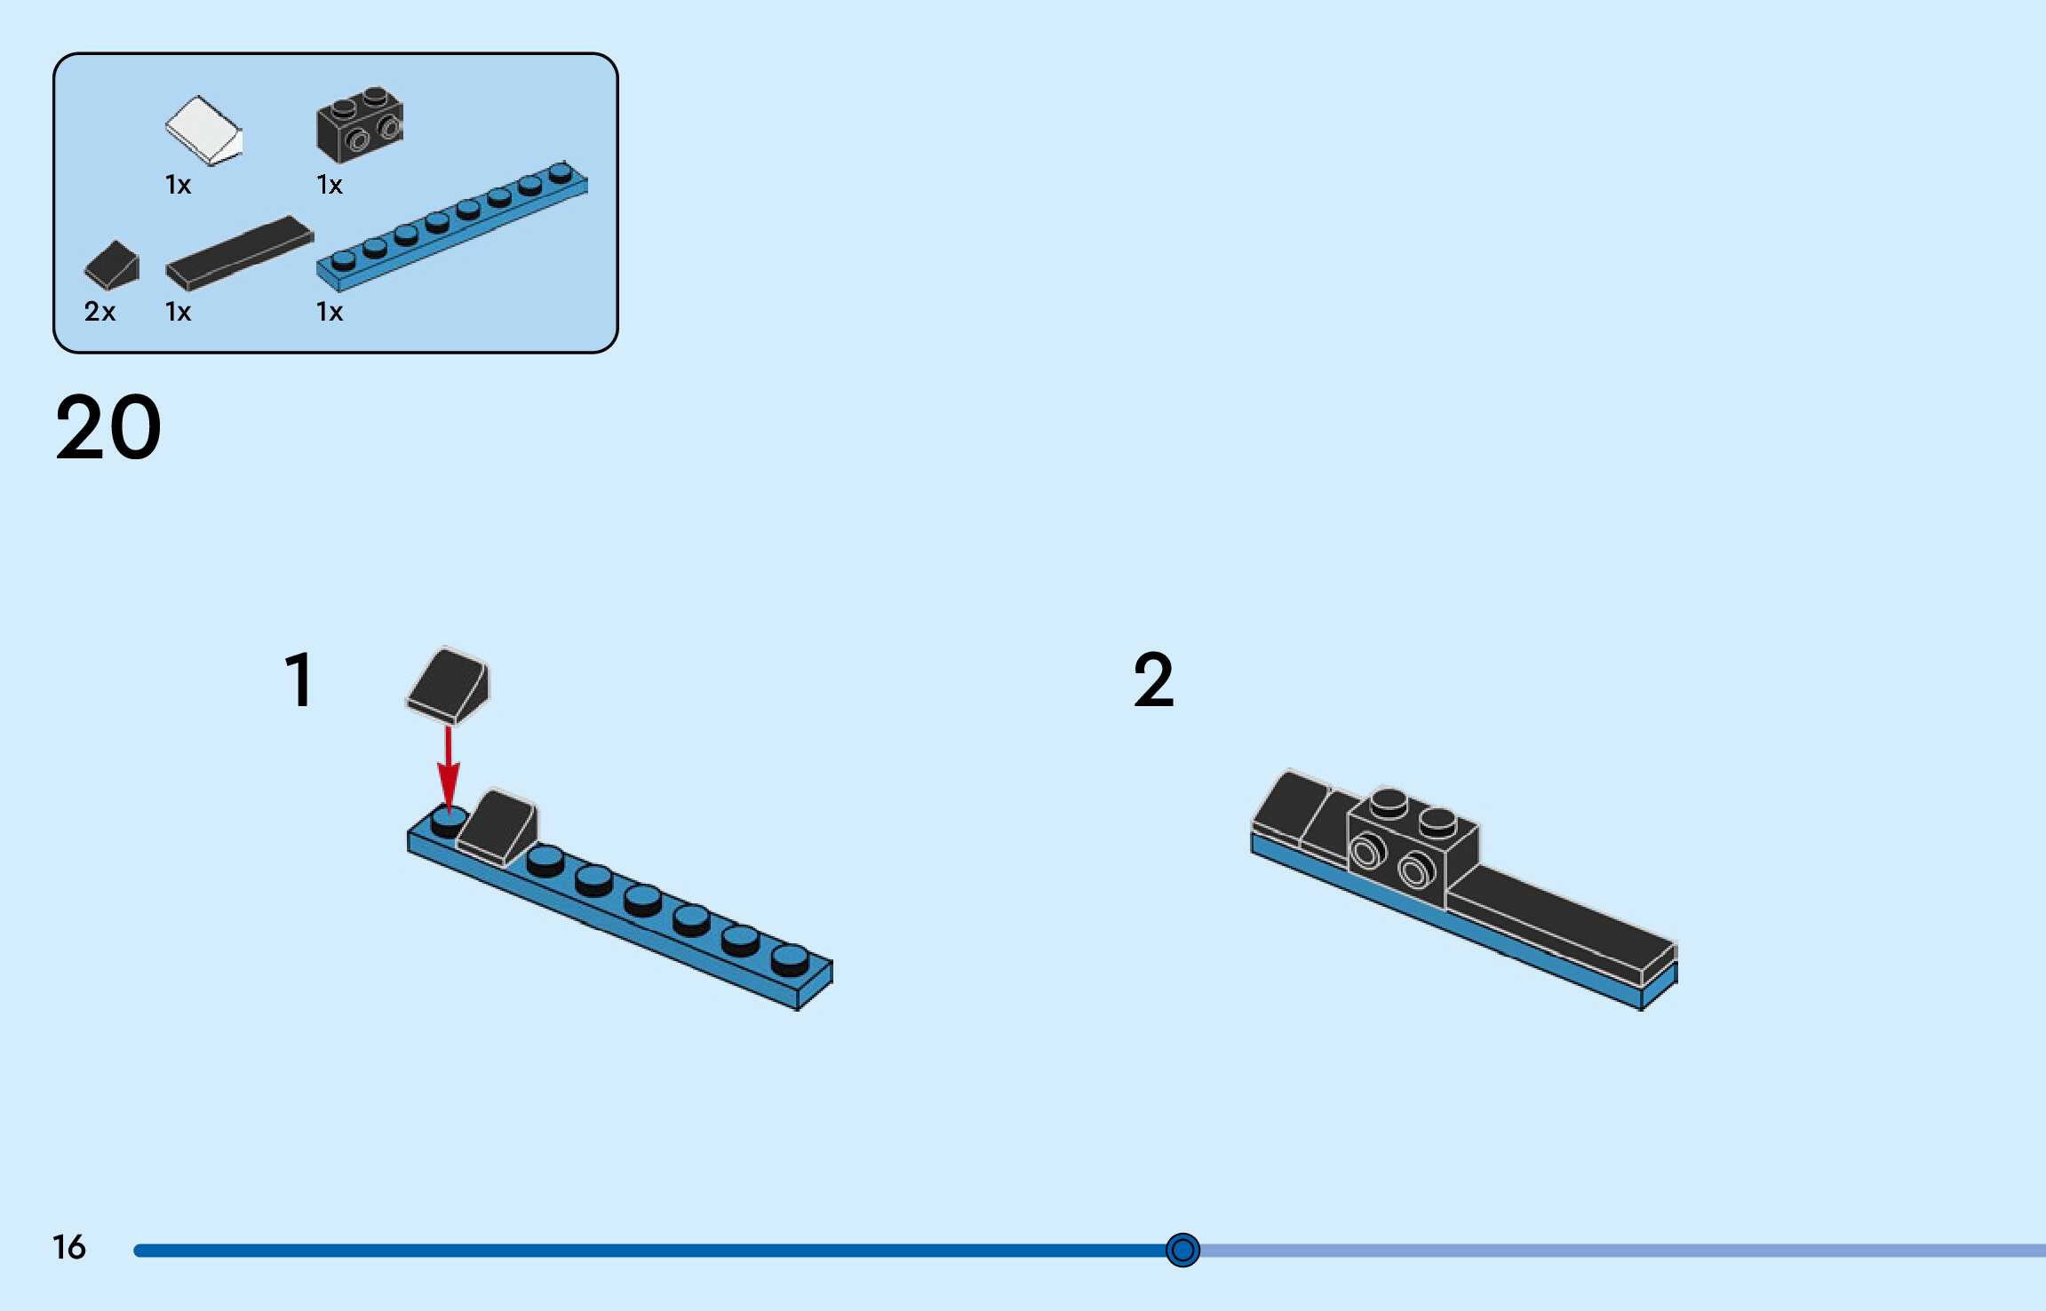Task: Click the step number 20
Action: click(108, 428)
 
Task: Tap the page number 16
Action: click(69, 1247)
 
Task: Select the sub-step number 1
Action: click(299, 680)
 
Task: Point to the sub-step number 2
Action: click(1153, 680)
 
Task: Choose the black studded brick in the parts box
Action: click(359, 124)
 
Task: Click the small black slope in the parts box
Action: click(112, 265)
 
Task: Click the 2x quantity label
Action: click(100, 312)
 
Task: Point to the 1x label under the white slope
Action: click(178, 185)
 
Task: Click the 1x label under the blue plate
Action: click(329, 312)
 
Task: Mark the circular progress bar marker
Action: click(1182, 1250)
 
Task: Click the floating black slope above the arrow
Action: click(448, 684)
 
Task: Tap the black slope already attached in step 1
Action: click(498, 826)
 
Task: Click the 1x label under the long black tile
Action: click(178, 312)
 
